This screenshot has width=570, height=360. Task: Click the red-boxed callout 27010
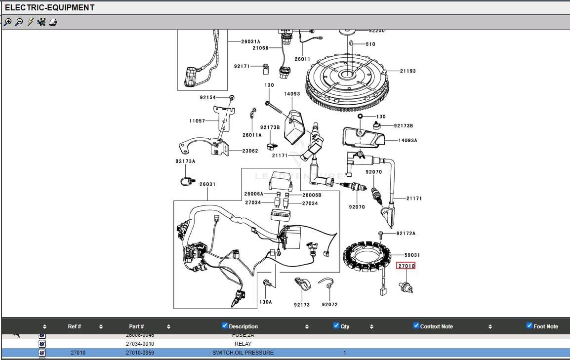(406, 266)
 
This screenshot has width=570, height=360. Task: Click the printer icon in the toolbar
(53, 22)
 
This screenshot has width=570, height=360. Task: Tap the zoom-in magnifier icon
(7, 22)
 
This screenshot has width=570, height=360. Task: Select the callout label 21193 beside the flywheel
(407, 71)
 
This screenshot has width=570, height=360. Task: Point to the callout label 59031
(412, 255)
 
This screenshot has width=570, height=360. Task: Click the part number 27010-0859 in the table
(140, 353)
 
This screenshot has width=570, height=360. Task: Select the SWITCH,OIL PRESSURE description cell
(243, 353)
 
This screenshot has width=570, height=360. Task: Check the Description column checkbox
(225, 325)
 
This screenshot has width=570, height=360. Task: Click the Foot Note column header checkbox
(529, 325)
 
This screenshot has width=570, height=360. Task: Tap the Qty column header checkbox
(336, 325)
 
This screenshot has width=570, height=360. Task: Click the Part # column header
(136, 326)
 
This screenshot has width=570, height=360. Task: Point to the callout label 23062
(250, 151)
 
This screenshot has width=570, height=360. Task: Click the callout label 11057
(197, 121)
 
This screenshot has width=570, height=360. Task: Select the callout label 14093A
(408, 141)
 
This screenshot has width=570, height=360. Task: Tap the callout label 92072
(329, 305)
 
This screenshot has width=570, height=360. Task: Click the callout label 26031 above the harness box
(207, 184)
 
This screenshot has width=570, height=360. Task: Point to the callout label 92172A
(406, 233)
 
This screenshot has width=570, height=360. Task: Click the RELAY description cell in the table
(243, 344)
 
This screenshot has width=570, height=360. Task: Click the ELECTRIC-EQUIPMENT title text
(49, 8)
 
